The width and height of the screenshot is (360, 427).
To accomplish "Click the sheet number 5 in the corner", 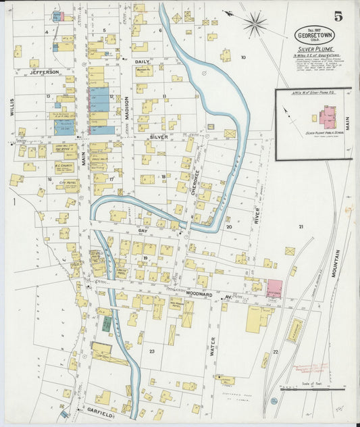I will [337, 16].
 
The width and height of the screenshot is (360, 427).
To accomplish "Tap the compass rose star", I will [255, 25].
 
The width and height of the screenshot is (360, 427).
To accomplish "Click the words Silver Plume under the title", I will [310, 51].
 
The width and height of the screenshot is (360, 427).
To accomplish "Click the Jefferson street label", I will [44, 72].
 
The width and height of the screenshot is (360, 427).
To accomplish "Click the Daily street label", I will [141, 62].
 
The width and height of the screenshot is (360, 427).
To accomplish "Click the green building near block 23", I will [107, 323].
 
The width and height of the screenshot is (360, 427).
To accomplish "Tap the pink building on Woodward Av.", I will [274, 288].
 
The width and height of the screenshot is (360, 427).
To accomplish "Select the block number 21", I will [301, 226].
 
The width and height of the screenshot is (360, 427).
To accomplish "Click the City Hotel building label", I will [68, 183].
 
